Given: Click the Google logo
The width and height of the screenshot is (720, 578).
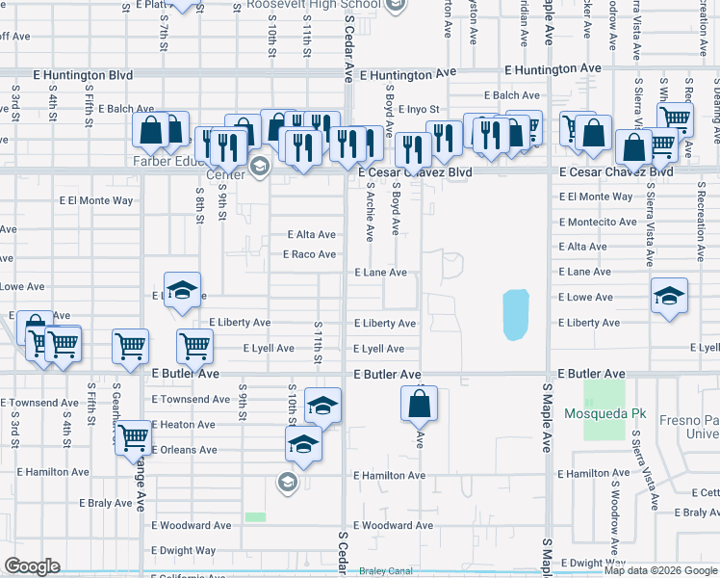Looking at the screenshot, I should pos(32,566).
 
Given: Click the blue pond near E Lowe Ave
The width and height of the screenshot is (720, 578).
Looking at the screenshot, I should pos(516,314).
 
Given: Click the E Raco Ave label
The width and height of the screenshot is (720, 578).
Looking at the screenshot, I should pos(309,254).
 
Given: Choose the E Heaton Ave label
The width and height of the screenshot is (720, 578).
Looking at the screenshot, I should pos(183,424).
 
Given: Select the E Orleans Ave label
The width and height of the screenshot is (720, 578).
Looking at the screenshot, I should pos(185,450).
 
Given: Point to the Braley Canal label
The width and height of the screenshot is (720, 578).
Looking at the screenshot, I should pos(385,570).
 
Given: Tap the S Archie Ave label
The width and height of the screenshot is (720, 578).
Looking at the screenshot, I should pos(370,214).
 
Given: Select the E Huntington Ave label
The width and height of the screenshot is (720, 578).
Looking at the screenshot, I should pos(407,73).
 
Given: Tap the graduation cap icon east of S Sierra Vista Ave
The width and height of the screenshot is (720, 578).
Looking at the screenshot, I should pos(669,296).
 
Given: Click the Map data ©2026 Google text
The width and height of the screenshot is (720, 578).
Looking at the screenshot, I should pos(660,570).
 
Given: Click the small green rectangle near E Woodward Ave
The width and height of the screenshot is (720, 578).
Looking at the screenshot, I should pos(255,517).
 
